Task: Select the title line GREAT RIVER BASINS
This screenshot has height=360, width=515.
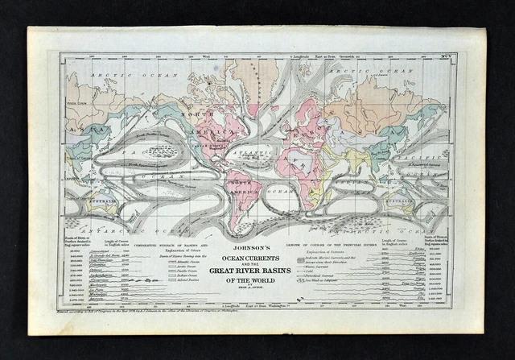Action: click(x=257, y=270)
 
